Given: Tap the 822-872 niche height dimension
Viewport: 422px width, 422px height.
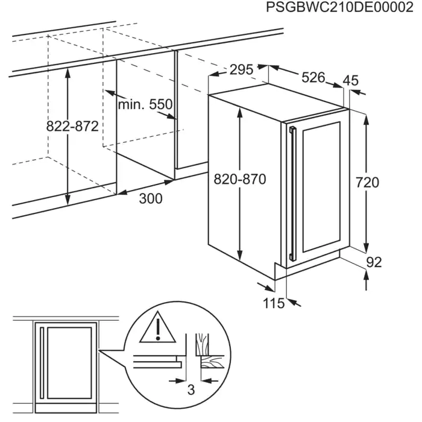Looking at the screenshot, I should click(x=72, y=127).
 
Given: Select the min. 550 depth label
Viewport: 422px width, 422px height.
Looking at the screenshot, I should click(x=145, y=105).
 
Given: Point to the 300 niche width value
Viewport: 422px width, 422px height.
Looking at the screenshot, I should click(x=150, y=199).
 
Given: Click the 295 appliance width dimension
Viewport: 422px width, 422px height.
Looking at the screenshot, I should click(x=241, y=70).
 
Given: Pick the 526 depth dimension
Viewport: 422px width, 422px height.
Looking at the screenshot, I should click(x=313, y=78).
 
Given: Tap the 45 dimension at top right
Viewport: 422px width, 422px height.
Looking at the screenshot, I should click(x=350, y=80).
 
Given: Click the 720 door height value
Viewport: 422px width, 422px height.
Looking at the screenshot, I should click(x=367, y=182).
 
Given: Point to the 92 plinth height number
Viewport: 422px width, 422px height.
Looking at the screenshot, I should click(x=374, y=262).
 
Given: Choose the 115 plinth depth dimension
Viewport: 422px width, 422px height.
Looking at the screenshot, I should click(x=273, y=304).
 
